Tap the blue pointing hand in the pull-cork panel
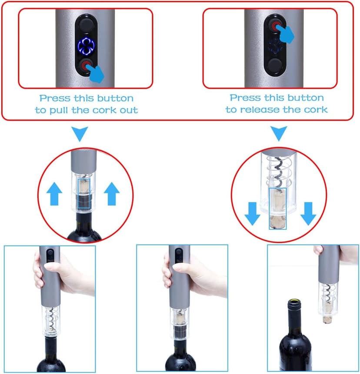coord(96,73)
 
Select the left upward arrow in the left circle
coord(54,193)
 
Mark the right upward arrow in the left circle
coord(112,193)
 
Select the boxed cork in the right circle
coord(278,209)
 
